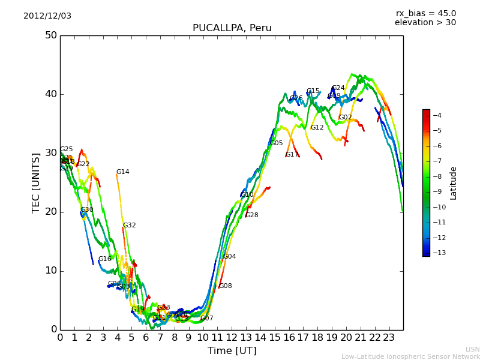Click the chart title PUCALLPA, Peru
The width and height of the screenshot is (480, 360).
232,28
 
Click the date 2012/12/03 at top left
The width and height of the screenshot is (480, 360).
47,16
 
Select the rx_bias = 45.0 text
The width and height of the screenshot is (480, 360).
425,13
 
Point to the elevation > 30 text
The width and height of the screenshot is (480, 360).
425,23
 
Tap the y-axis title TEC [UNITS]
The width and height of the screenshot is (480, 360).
36,182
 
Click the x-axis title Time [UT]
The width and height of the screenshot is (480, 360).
232,350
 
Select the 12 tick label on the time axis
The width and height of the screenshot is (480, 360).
232,337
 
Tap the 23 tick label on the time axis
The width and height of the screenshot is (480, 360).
389,337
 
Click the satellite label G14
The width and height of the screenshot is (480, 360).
122,172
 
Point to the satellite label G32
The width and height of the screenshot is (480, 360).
129,226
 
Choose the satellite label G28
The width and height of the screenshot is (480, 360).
251,215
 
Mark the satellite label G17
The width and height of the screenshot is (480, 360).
292,155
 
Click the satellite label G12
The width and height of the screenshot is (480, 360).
317,128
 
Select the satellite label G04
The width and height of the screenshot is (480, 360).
229,257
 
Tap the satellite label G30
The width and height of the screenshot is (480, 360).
86,210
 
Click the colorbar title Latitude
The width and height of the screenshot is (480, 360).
454,183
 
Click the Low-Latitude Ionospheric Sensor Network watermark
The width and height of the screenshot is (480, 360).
410,356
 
